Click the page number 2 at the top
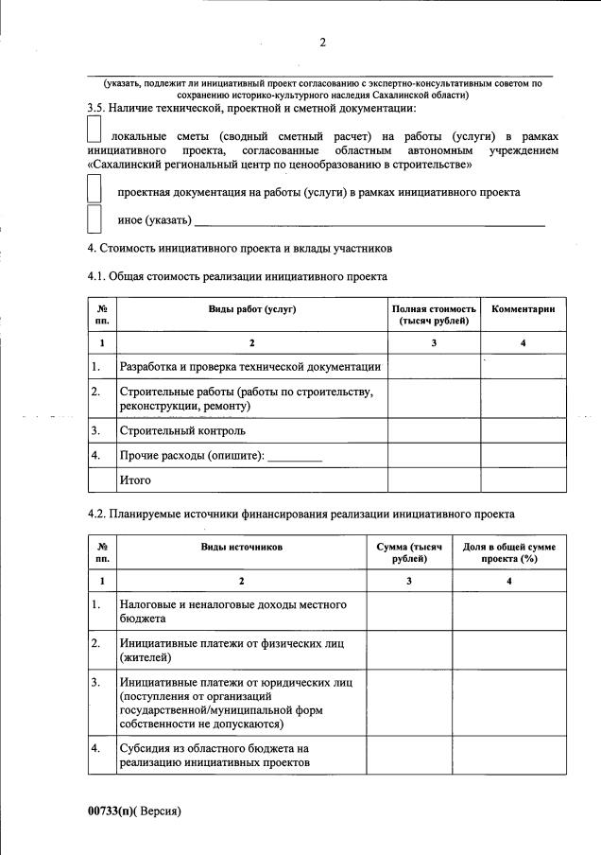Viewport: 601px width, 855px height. (322, 43)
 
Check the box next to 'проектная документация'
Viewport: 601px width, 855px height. (94, 189)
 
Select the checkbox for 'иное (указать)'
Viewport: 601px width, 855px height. (94, 218)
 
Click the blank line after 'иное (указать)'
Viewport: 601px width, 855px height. (369, 223)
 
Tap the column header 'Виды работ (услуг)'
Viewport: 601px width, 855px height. (251, 309)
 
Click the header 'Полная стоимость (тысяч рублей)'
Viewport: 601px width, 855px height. (434, 315)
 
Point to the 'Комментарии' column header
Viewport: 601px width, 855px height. (523, 309)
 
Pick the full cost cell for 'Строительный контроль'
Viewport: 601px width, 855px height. (434, 430)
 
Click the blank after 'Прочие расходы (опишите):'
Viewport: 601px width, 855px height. (295, 457)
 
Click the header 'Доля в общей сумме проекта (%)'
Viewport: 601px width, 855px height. (508, 552)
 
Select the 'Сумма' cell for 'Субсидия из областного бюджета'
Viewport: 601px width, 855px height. (408, 757)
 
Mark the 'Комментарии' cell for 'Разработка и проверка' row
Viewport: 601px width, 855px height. (523, 366)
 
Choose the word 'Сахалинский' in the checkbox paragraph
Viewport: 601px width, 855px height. (129, 165)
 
